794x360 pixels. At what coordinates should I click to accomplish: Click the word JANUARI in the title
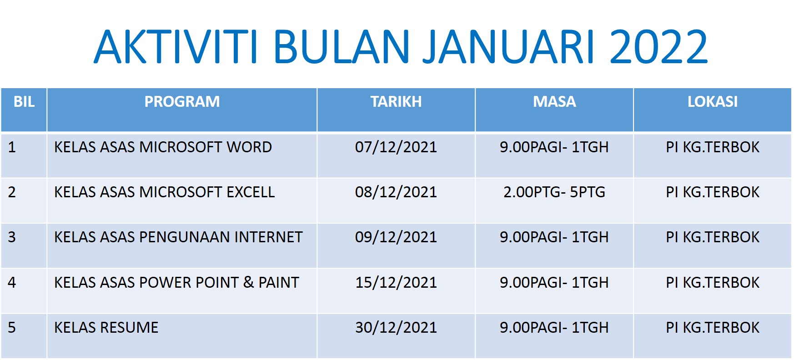click(x=509, y=46)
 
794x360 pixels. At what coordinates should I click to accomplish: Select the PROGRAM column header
click(x=182, y=101)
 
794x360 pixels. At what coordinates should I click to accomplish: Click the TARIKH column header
click(x=396, y=101)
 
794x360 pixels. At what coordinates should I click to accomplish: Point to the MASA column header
click(x=554, y=101)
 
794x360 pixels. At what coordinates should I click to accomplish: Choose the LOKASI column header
click(x=712, y=101)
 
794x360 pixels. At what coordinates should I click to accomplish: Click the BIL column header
click(x=24, y=101)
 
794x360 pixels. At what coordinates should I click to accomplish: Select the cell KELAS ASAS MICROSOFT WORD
click(x=163, y=147)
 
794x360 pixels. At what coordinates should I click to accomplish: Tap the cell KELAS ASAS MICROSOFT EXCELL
click(x=164, y=192)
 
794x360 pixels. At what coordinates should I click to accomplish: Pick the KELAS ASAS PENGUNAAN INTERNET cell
click(x=178, y=237)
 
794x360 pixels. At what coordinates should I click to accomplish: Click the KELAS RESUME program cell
click(x=106, y=328)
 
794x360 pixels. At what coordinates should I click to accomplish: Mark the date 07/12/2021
click(x=396, y=147)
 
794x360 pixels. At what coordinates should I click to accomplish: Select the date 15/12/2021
click(x=396, y=283)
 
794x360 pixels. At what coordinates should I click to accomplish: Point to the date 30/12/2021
click(x=396, y=328)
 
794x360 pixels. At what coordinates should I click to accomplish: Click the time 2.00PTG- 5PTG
click(x=554, y=192)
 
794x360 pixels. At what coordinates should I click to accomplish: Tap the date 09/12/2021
click(x=396, y=237)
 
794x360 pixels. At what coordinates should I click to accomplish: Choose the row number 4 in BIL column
click(x=12, y=283)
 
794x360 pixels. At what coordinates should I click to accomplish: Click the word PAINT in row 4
click(x=278, y=283)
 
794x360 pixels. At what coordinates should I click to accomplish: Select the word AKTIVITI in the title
click(x=176, y=46)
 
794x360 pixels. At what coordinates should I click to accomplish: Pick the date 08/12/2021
click(x=396, y=192)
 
